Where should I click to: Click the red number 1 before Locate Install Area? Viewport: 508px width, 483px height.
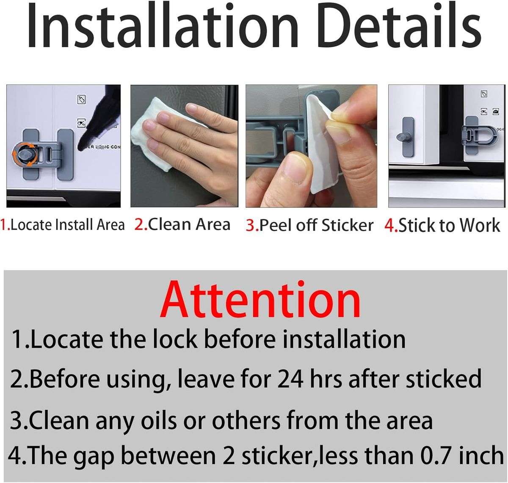4,225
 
